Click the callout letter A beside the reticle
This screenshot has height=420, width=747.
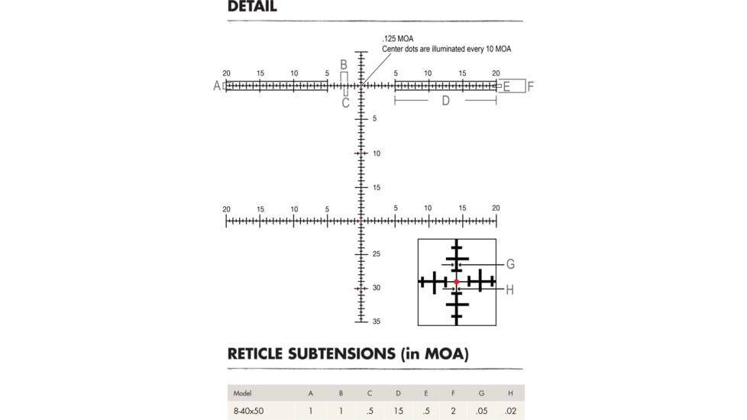tap(217, 86)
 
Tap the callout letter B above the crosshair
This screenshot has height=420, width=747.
tap(344, 65)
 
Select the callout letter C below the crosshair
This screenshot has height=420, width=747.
tap(345, 103)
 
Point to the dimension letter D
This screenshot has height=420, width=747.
tap(445, 101)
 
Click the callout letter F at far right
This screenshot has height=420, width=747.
tap(530, 86)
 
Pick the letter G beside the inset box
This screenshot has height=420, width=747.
tap(510, 264)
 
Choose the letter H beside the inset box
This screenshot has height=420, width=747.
tap(509, 290)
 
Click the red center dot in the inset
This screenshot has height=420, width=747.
tap(457, 282)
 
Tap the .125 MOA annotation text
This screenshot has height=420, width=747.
tap(398, 39)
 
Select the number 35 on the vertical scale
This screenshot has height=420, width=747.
tap(377, 321)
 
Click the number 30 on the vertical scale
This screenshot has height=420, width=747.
tap(377, 288)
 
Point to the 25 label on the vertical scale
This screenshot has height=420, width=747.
tap(377, 254)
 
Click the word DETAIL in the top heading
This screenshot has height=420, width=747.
tap(252, 7)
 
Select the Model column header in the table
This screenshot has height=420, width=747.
tap(242, 393)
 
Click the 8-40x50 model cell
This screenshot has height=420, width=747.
tap(248, 411)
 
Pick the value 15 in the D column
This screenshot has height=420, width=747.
tap(398, 411)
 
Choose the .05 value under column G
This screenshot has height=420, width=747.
tap(481, 411)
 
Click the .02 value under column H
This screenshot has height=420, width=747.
tap(510, 411)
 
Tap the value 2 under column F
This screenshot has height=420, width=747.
tap(453, 411)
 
